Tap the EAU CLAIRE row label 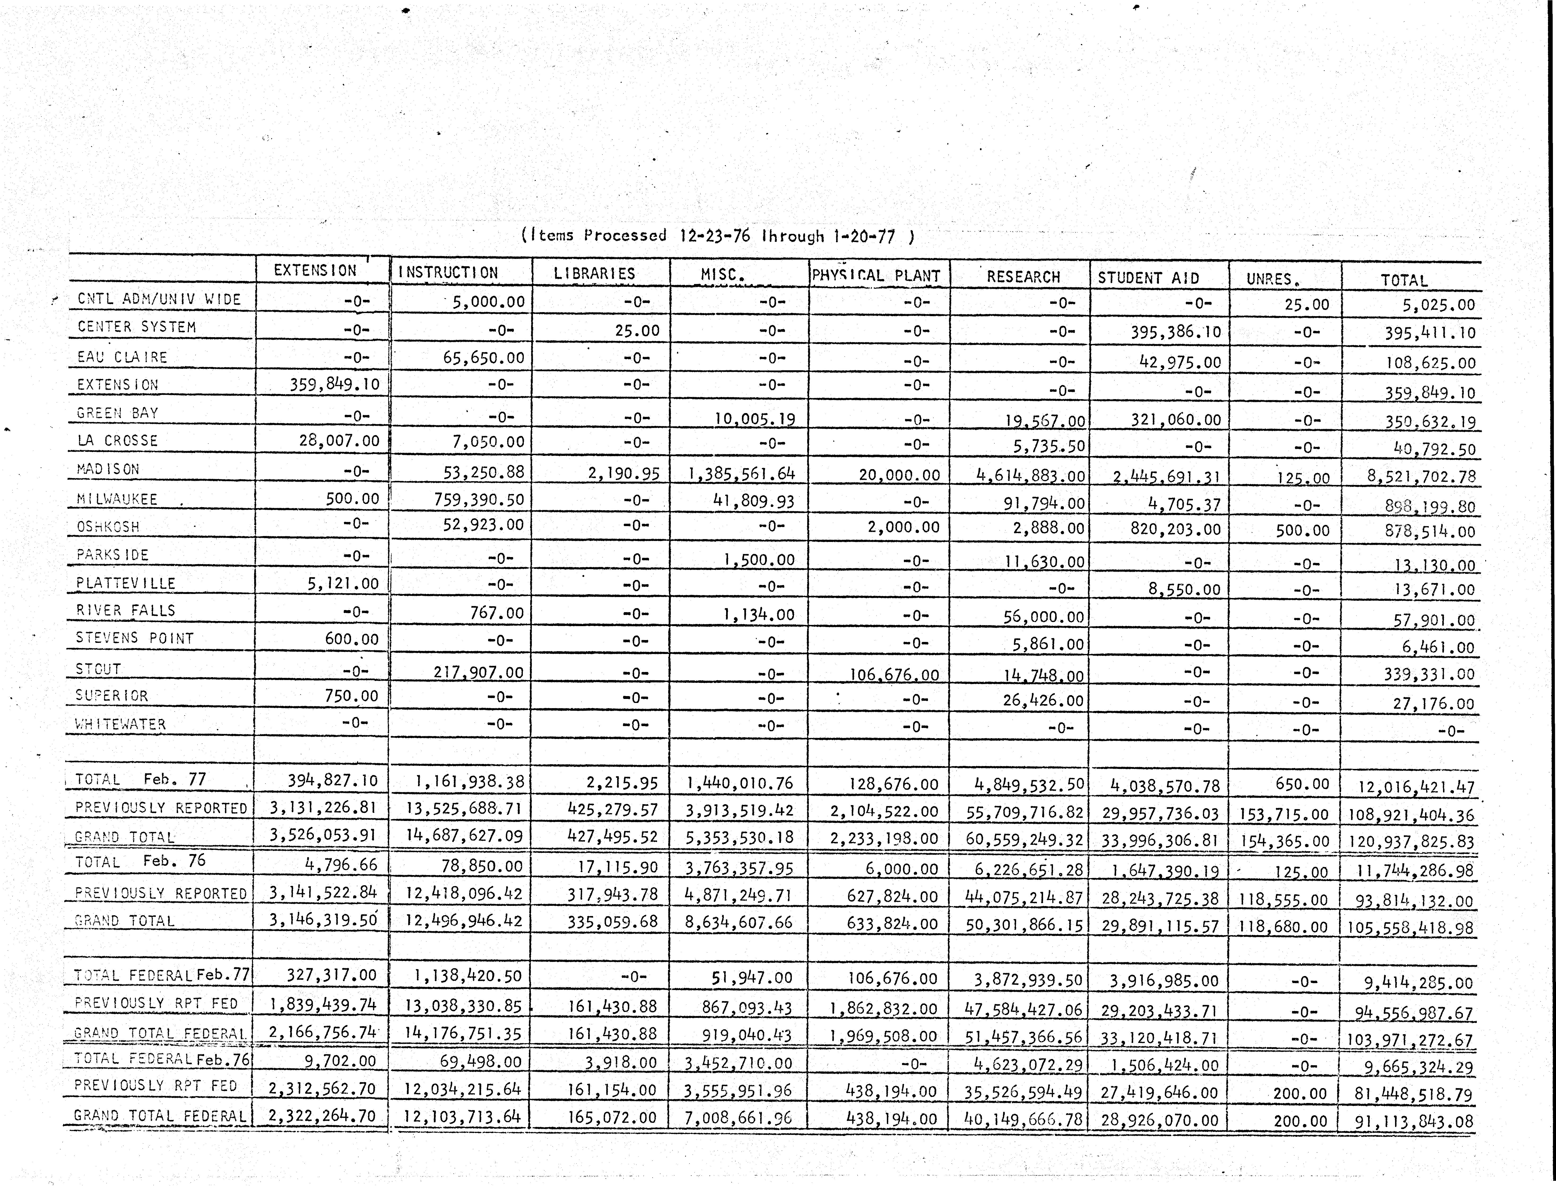[122, 357]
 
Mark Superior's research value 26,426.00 [1043, 701]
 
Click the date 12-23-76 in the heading [714, 236]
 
